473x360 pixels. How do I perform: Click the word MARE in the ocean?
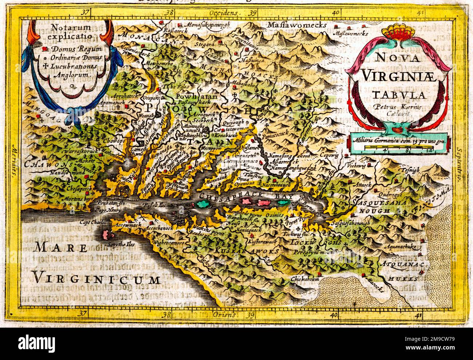click(61, 248)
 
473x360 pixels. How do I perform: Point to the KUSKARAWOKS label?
click(247, 251)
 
